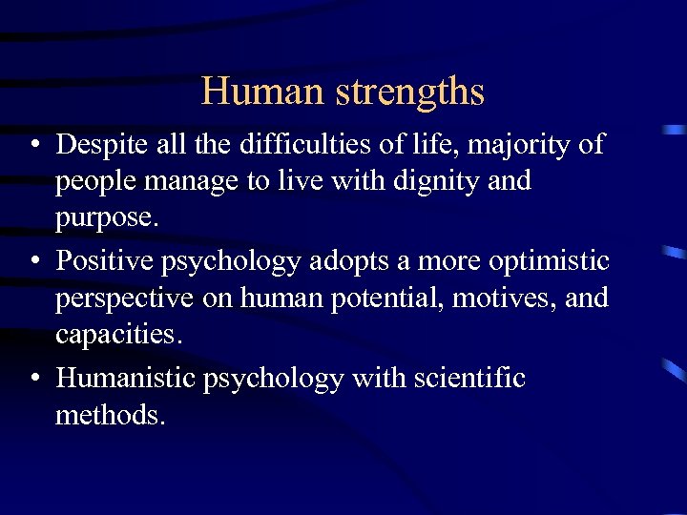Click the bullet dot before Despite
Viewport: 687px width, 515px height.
33,145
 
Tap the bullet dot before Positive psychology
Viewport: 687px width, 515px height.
33,259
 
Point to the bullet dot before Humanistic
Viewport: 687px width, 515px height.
33,379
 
